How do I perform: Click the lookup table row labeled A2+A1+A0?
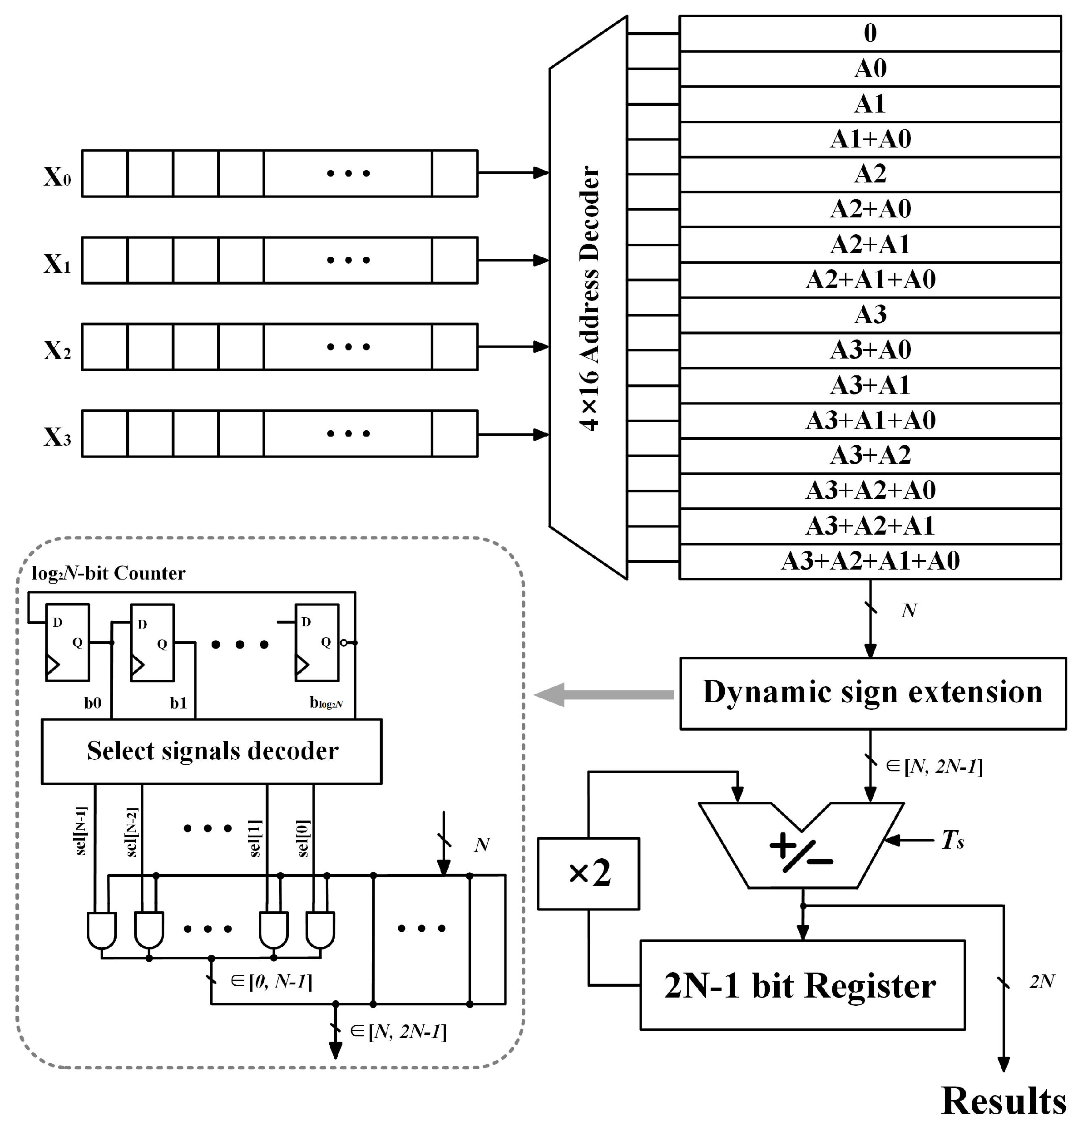click(x=870, y=280)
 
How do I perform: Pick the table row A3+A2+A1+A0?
click(x=870, y=561)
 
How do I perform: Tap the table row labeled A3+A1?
click(x=870, y=385)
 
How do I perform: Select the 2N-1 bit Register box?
click(x=801, y=986)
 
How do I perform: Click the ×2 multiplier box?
click(x=588, y=874)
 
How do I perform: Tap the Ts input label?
click(x=952, y=841)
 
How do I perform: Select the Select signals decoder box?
click(x=212, y=751)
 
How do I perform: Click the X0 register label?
click(x=58, y=177)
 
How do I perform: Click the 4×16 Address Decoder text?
click(x=589, y=299)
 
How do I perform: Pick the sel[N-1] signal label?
click(x=81, y=831)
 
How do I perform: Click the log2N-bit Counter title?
click(x=108, y=573)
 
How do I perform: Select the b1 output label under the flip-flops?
click(x=178, y=703)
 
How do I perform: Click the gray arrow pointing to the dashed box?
click(x=603, y=695)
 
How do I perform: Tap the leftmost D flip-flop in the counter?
click(x=67, y=642)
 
